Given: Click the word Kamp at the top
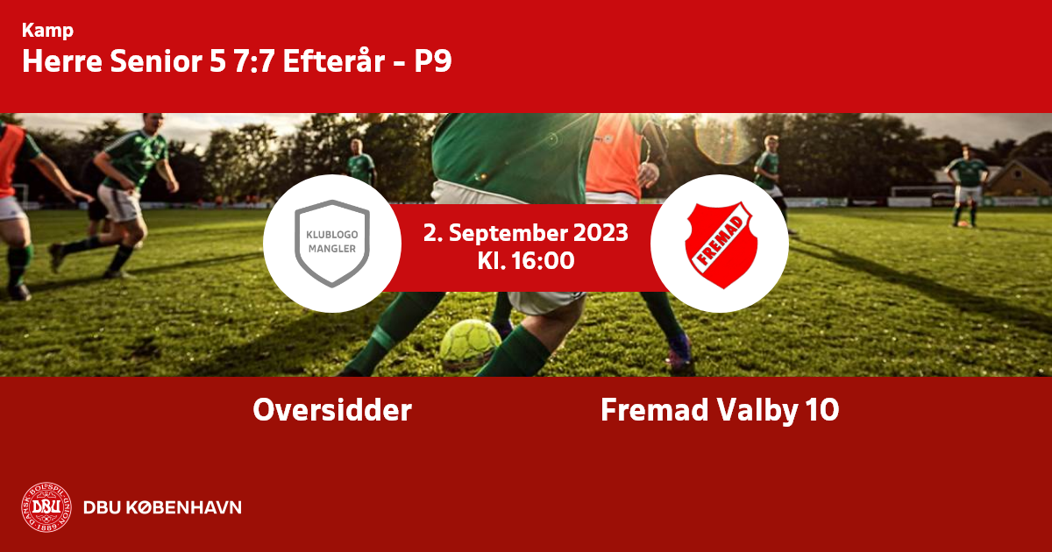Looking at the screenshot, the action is coord(47,31).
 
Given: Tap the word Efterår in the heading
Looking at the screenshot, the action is coord(334,60).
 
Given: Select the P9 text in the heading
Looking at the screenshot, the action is coord(432,61).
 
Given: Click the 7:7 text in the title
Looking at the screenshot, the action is coord(253,61).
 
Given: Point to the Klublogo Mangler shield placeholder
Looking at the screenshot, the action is coord(332,244).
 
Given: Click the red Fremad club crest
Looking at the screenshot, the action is coord(721,244).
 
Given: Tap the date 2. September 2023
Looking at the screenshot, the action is coord(525,233).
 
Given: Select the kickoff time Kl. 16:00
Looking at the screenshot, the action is coord(525,261).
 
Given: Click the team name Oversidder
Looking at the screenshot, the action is coord(332,410).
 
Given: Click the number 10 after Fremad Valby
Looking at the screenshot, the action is coord(822,410).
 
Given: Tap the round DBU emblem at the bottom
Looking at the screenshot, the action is coord(46,507).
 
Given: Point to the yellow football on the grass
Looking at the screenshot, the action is coord(470,344).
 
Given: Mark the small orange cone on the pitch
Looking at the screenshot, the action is coord(963,224).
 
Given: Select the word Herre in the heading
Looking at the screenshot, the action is coord(62,61).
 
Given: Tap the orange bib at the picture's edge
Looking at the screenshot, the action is coord(11,159).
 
